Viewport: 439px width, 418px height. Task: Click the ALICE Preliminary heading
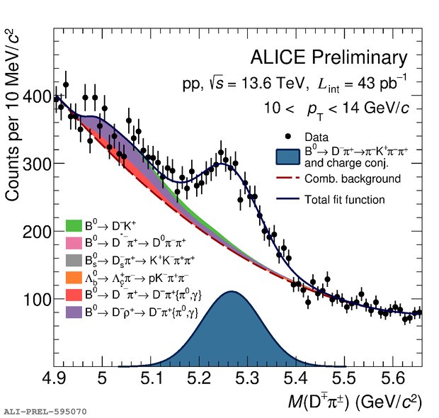point(329,58)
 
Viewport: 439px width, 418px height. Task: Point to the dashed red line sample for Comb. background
point(288,179)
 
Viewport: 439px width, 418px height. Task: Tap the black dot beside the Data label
point(288,135)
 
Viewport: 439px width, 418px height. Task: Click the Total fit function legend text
point(344,200)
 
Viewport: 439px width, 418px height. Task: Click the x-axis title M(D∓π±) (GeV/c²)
point(354,402)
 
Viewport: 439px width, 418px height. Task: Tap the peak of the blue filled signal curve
point(231,292)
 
